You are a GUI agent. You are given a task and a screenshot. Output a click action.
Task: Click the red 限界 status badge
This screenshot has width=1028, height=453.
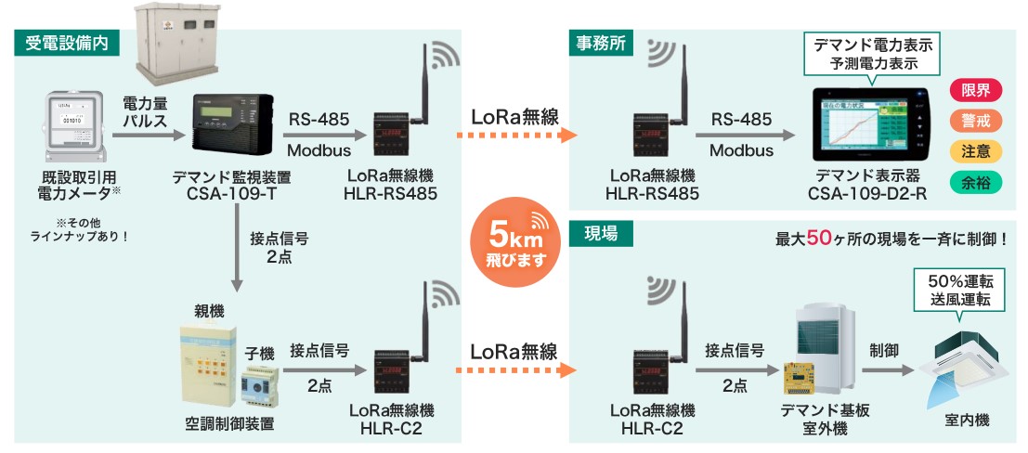pos(976,91)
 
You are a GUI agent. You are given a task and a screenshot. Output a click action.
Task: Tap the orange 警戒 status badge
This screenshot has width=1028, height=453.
pos(976,122)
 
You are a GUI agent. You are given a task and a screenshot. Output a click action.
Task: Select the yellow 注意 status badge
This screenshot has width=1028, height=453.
pos(976,151)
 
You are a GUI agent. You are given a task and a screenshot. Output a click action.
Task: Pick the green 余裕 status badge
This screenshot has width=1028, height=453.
pos(976,182)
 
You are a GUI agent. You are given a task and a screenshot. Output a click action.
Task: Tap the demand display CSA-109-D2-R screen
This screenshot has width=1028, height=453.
pos(869,126)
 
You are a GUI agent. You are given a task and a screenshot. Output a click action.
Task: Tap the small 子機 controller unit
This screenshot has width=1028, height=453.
pos(262,388)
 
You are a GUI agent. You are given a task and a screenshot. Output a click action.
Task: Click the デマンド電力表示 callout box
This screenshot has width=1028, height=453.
pos(872,54)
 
